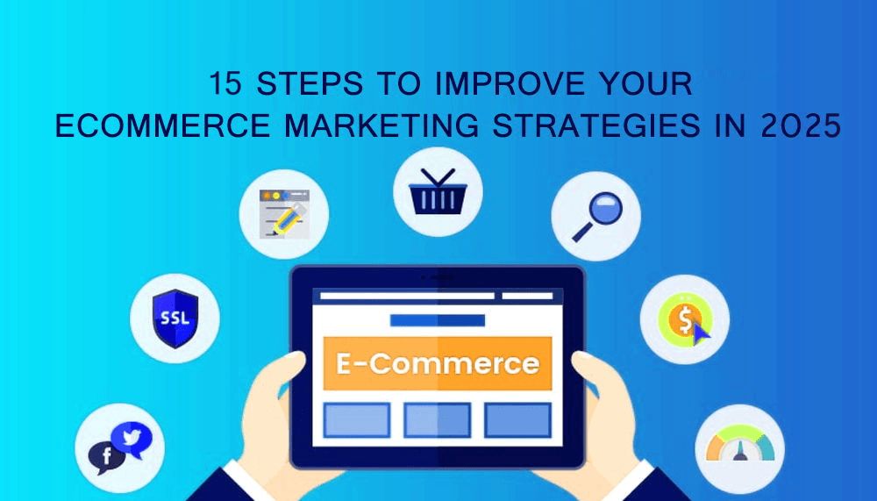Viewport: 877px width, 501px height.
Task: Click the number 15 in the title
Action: click(226, 83)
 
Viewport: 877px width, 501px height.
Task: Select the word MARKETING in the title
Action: click(382, 125)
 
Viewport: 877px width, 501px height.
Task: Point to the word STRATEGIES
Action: click(596, 125)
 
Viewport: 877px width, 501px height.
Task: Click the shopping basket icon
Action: click(438, 191)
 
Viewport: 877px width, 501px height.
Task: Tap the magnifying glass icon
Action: click(597, 217)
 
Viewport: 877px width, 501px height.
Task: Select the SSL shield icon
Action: click(175, 318)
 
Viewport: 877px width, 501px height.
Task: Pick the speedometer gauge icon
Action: click(740, 444)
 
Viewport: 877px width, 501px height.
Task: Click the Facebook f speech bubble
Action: click(106, 457)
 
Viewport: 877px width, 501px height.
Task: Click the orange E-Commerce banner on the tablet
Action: click(438, 363)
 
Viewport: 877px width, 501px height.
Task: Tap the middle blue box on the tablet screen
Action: click(438, 419)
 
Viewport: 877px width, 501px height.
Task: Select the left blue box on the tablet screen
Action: click(357, 419)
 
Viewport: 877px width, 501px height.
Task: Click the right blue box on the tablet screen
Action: click(518, 419)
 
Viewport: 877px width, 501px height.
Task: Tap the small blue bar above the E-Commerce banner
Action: click(438, 320)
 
